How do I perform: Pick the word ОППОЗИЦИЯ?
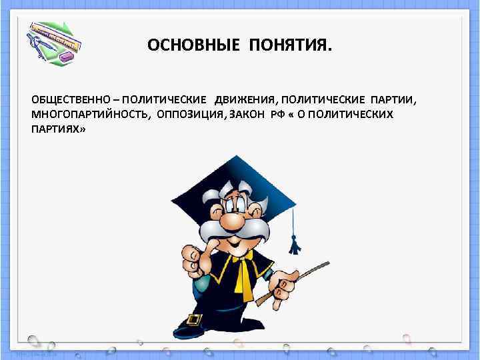(x=191, y=114)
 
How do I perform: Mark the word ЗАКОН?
(x=247, y=114)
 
